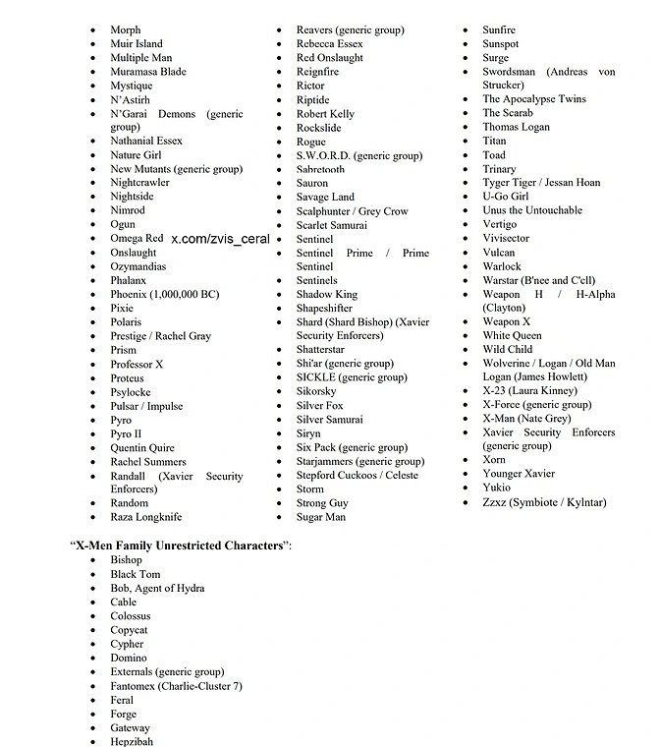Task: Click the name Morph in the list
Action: click(x=125, y=30)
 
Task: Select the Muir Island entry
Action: click(x=137, y=44)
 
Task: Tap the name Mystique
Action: click(x=131, y=86)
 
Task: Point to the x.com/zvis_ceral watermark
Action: click(x=220, y=239)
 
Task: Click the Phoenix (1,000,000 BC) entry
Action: click(x=164, y=294)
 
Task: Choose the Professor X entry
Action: click(x=137, y=365)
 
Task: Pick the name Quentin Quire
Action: click(x=142, y=448)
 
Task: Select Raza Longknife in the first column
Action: click(x=145, y=517)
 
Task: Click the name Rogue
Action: click(x=311, y=143)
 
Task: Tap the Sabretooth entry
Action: click(x=320, y=169)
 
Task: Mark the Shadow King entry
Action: click(x=327, y=294)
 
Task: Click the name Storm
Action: click(x=310, y=488)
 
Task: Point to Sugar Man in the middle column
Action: click(x=321, y=517)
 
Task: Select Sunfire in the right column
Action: click(x=499, y=30)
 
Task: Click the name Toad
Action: click(x=494, y=155)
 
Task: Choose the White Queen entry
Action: click(x=512, y=335)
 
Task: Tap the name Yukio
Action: click(x=496, y=488)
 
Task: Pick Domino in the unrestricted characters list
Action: click(x=128, y=658)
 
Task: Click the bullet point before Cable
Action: click(x=93, y=603)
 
